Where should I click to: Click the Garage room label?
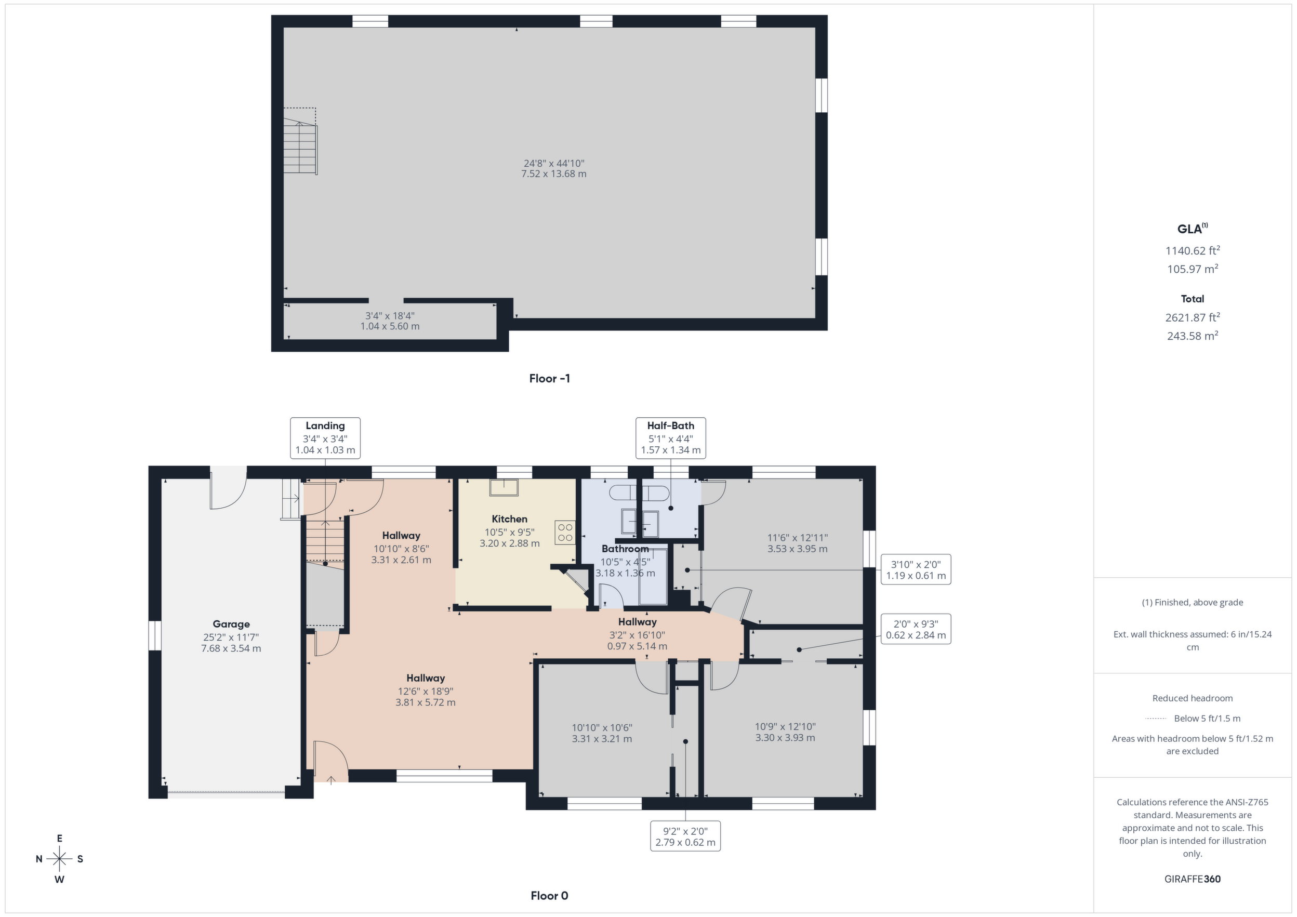pos(231,624)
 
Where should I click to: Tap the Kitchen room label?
pos(510,519)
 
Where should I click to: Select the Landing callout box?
pos(325,437)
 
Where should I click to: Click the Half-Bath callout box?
pos(670,437)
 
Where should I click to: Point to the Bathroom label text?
pos(625,549)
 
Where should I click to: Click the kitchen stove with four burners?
pos(565,532)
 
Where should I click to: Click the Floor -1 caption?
pos(550,378)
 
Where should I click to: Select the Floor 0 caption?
pos(550,896)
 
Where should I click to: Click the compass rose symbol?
pos(59,859)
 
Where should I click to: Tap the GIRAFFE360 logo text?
pos(1193,879)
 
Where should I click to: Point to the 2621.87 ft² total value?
pos(1193,317)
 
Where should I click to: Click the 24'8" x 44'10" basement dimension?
pos(553,163)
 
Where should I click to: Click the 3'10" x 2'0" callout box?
pos(916,569)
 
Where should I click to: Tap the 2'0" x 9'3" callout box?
pos(916,629)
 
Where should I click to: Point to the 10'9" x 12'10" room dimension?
pos(785,727)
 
